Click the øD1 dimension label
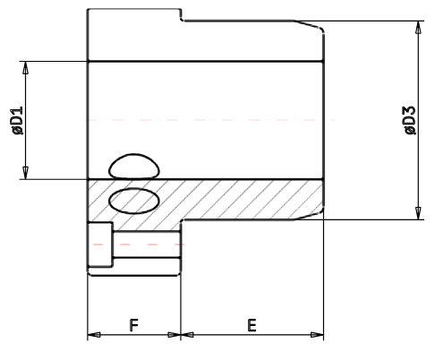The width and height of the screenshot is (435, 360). [17, 120]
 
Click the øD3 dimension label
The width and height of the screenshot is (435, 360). [409, 120]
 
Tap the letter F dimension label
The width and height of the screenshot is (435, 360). [133, 323]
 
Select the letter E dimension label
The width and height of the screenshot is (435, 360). [252, 323]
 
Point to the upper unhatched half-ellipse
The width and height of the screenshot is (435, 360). [133, 165]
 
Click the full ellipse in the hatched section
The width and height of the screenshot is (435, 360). [133, 200]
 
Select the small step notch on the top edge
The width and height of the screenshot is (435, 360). [182, 15]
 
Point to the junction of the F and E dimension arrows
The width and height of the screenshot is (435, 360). [181, 336]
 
